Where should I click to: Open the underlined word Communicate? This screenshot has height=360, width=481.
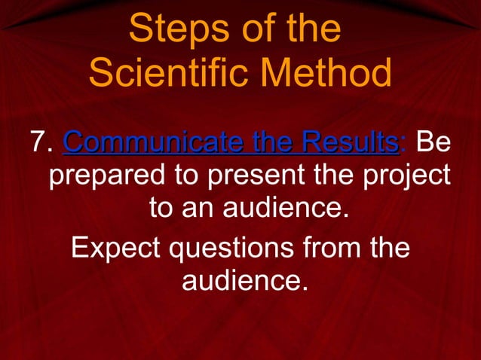click(x=147, y=141)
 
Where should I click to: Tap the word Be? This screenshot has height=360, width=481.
click(x=434, y=141)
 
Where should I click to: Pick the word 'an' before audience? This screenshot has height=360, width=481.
click(x=199, y=207)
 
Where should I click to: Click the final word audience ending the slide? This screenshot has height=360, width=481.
click(x=245, y=281)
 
